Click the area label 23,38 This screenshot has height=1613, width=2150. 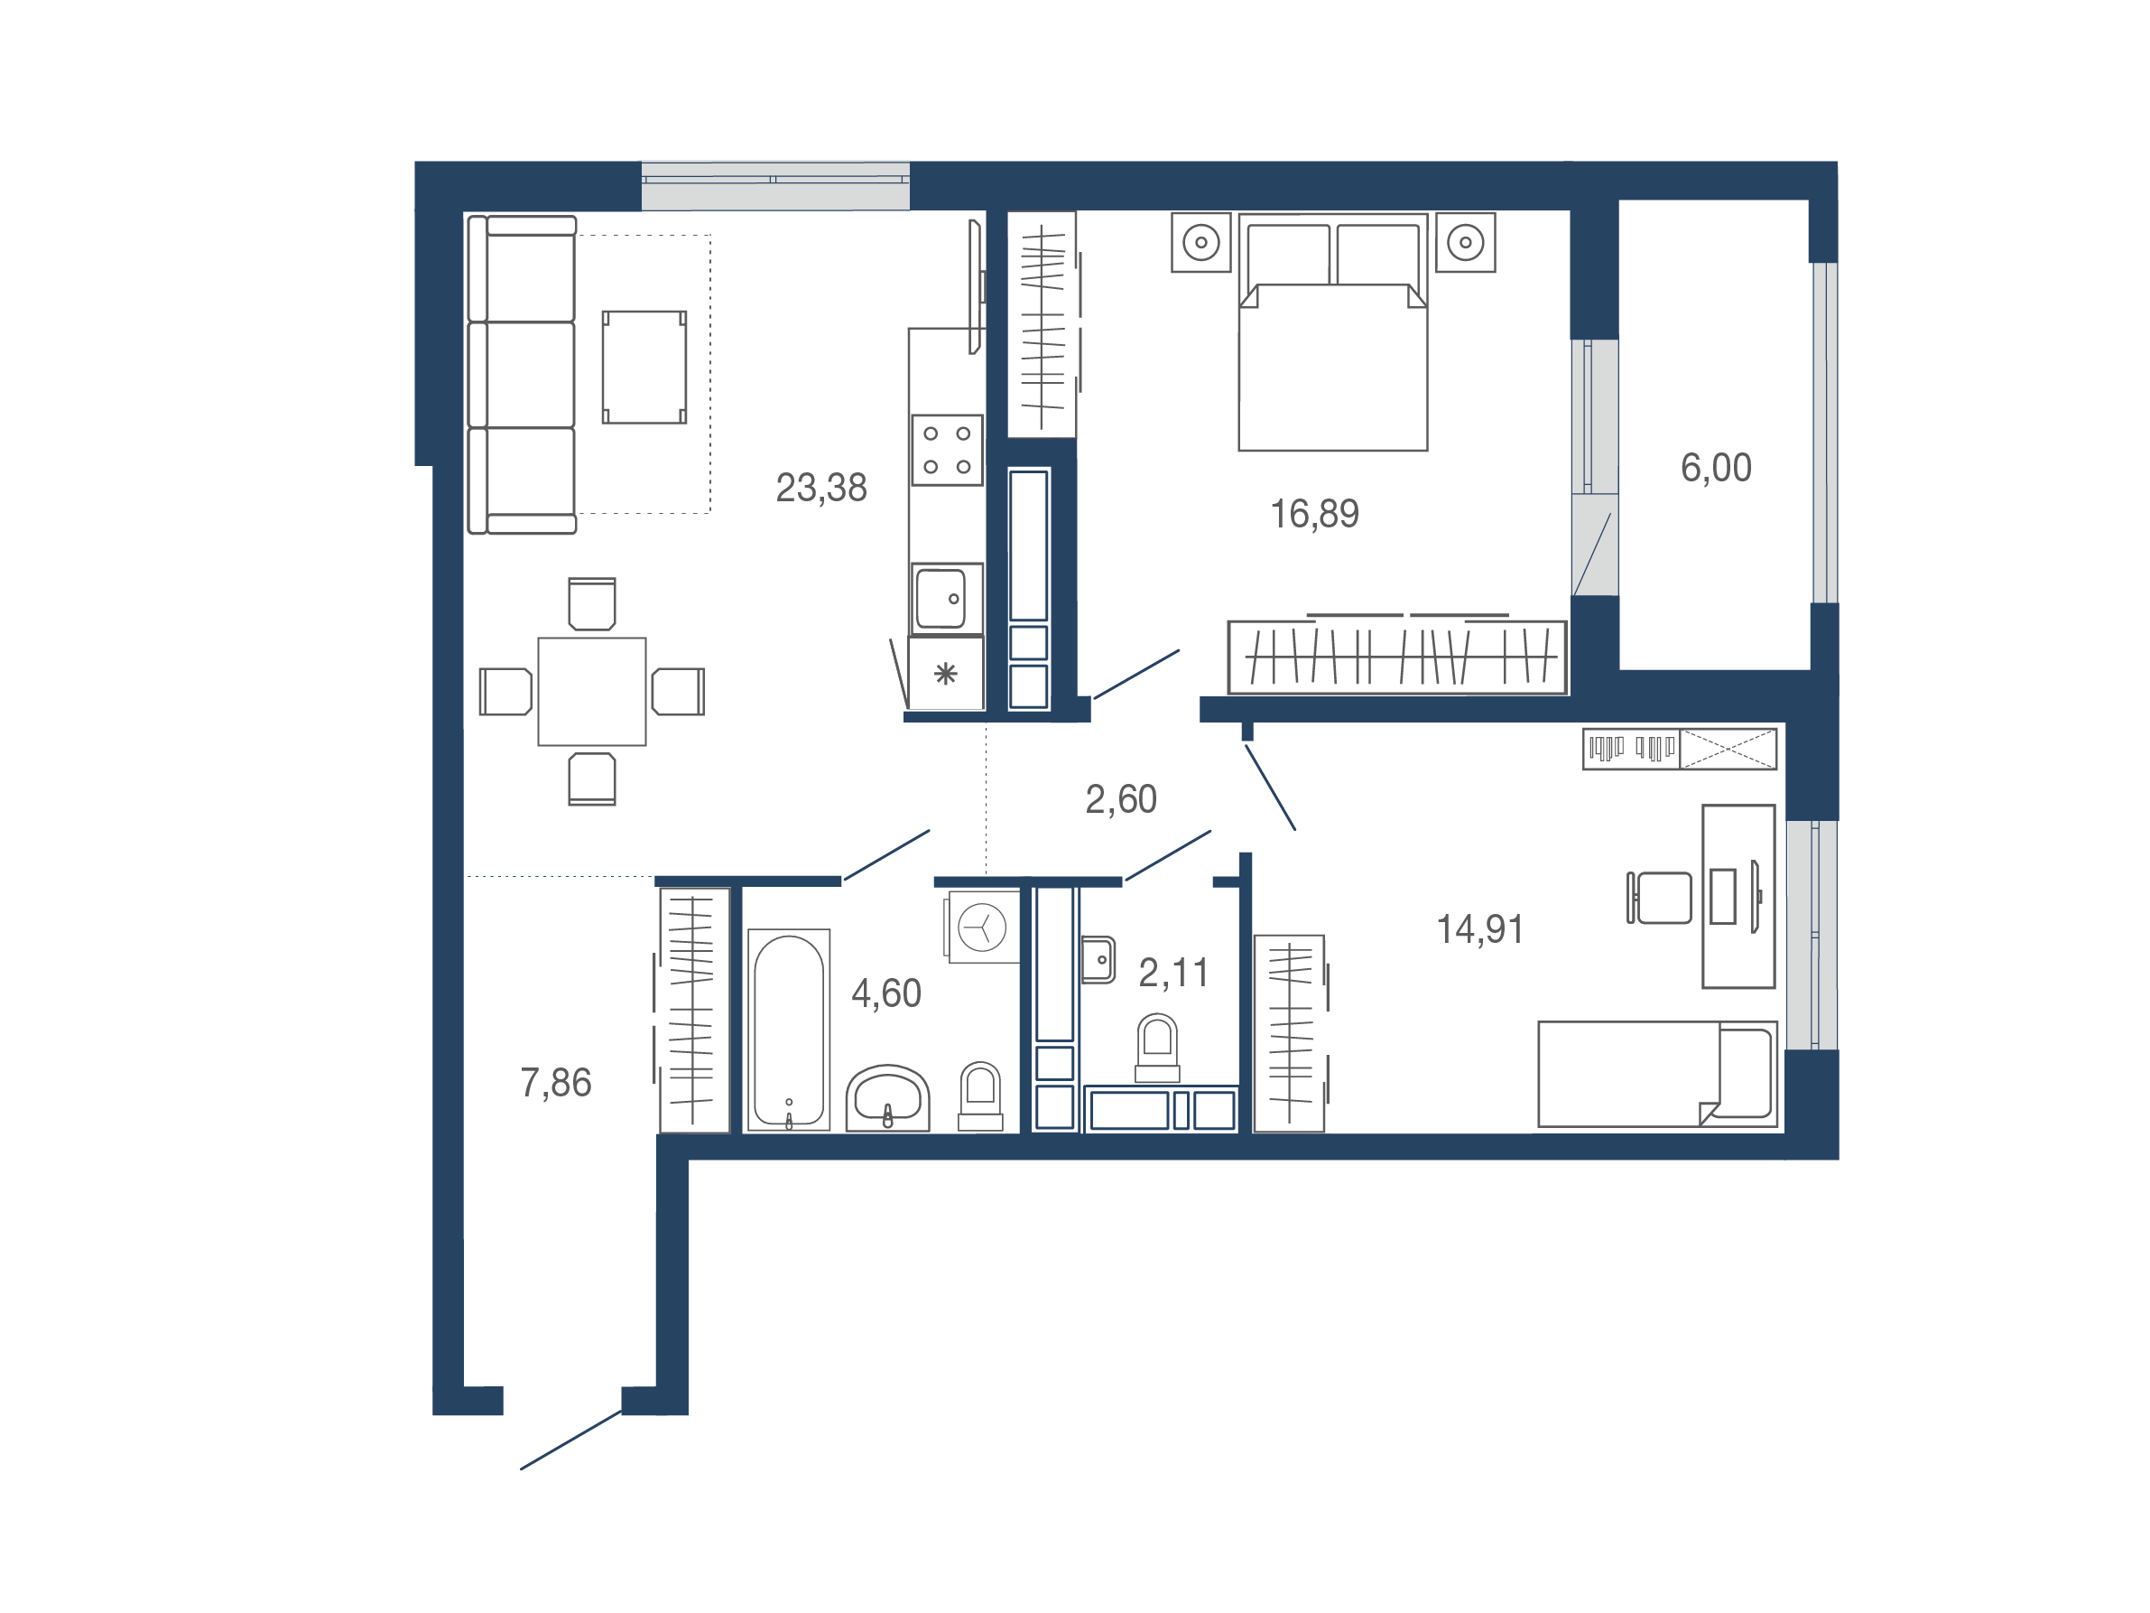click(820, 488)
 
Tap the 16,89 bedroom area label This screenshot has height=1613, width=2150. click(1314, 514)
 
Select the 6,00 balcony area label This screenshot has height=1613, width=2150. click(1716, 469)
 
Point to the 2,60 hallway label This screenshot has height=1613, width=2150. click(1121, 800)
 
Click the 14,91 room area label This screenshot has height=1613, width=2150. click(1479, 929)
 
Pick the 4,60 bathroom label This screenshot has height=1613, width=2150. click(885, 993)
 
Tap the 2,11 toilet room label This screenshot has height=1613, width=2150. click(1173, 974)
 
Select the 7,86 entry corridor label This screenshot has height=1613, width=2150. click(555, 1083)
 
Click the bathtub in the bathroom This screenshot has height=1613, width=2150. click(788, 1030)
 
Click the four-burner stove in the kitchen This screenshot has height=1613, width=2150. click(947, 450)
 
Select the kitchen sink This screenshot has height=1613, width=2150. click(947, 599)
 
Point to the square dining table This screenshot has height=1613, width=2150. click(592, 691)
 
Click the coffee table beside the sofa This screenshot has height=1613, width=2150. click(644, 368)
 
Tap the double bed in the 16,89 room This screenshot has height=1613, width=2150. click(1332, 332)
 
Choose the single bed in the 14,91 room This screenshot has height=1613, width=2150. click(1657, 1075)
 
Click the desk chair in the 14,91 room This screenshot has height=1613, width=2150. click(1659, 898)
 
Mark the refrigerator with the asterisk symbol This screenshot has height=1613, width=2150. click(946, 673)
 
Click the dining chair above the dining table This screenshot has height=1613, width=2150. click(592, 604)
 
